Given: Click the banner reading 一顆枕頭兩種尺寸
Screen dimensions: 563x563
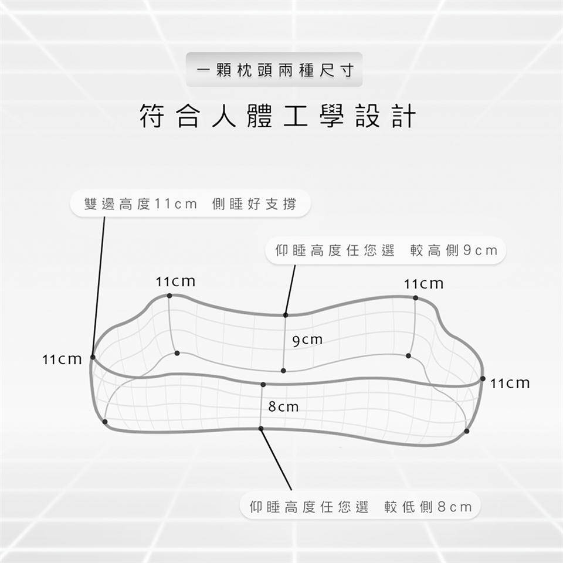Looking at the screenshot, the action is coord(274,69).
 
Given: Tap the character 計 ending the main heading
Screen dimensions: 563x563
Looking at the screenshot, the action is coord(404,116).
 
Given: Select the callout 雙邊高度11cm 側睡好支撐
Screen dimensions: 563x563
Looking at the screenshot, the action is coord(190,204).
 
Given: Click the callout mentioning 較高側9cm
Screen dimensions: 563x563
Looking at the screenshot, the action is coord(386,250).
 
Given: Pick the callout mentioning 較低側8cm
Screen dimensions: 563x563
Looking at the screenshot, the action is coord(360,507).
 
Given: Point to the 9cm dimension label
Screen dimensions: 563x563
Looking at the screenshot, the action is coord(307,340).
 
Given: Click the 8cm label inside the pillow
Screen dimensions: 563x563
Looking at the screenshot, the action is coord(283,407).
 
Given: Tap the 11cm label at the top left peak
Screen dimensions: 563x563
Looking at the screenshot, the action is coord(175,281).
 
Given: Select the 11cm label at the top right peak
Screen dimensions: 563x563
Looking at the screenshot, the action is coord(423,284).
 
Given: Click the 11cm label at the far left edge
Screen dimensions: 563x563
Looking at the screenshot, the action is coord(62,359).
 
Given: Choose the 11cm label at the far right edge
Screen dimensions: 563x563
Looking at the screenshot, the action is coord(510,384).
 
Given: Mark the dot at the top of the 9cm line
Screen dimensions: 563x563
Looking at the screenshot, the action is coord(286,315).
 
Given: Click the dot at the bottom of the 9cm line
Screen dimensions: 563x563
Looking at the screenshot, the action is coord(283,371).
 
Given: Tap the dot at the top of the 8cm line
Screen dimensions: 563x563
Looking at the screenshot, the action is coord(263,385).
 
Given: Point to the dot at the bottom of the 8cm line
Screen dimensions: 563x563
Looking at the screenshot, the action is coord(261,428).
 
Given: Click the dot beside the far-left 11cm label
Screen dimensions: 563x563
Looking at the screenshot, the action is coord(93,357).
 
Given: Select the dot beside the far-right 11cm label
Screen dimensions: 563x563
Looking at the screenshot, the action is coord(483,379).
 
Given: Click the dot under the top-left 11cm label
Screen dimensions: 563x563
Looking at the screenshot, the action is coord(169,296).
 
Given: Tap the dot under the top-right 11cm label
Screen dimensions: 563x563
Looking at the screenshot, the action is coord(415,298).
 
